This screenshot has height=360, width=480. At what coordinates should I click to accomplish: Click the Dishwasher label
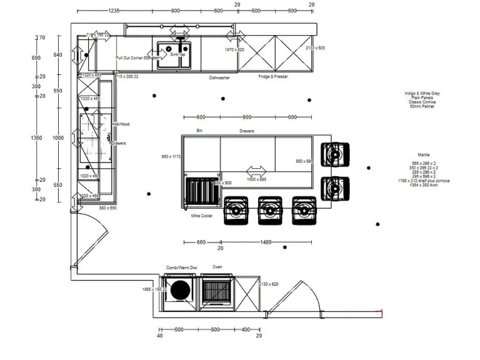219,78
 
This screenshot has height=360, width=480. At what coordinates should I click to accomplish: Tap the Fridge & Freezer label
272,77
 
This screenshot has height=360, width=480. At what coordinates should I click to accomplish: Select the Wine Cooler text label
202,216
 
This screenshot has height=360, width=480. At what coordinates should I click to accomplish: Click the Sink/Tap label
178,55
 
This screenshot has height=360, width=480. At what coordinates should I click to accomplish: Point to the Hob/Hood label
120,124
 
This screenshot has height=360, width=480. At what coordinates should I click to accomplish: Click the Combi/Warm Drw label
181,267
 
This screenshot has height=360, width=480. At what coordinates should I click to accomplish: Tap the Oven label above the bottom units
217,267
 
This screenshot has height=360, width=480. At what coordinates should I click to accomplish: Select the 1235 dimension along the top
114,11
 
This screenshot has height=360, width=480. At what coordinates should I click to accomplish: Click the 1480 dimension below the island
266,242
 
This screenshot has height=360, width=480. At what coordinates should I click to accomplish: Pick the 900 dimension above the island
247,117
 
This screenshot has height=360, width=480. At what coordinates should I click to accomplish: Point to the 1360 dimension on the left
36,138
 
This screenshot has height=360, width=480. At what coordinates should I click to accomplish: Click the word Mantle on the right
424,154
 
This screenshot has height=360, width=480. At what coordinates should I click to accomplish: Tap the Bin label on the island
200,131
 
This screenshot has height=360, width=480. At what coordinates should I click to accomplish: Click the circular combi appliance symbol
181,291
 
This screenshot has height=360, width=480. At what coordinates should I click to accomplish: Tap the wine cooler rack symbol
200,191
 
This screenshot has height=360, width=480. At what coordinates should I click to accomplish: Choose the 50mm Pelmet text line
422,107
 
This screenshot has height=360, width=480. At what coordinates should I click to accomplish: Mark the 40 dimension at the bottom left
160,336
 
